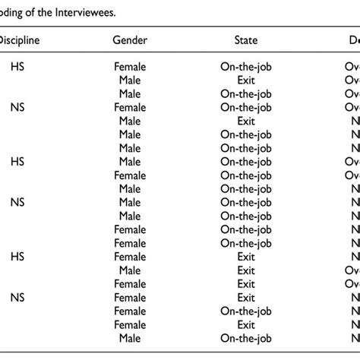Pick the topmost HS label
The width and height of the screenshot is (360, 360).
[17, 67]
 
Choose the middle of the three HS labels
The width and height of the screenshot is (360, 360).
[17, 162]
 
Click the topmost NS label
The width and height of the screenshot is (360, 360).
[17, 108]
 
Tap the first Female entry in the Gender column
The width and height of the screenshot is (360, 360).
[130, 67]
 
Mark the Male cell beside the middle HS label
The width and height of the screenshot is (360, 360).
[130, 162]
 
